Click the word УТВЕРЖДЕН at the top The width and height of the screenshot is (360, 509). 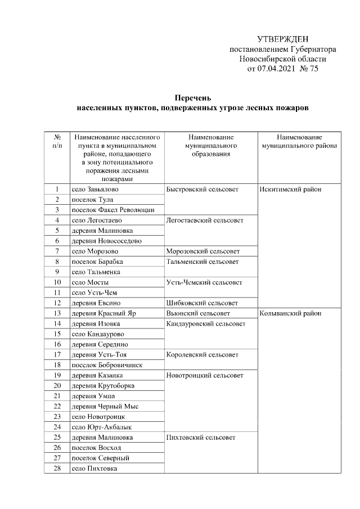point(283,39)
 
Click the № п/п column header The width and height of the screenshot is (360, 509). point(57,141)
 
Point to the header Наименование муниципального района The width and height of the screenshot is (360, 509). point(299,141)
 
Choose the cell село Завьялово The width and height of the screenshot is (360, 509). point(95,190)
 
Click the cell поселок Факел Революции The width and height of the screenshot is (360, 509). point(112,210)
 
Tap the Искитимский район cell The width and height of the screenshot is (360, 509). point(290,190)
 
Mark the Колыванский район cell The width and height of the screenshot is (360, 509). point(291,313)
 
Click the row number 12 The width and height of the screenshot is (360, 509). point(57,303)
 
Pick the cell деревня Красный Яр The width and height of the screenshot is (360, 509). point(101,313)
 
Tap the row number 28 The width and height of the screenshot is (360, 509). point(57,468)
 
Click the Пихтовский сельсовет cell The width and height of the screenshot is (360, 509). point(201,437)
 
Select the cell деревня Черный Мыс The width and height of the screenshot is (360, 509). point(105,406)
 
